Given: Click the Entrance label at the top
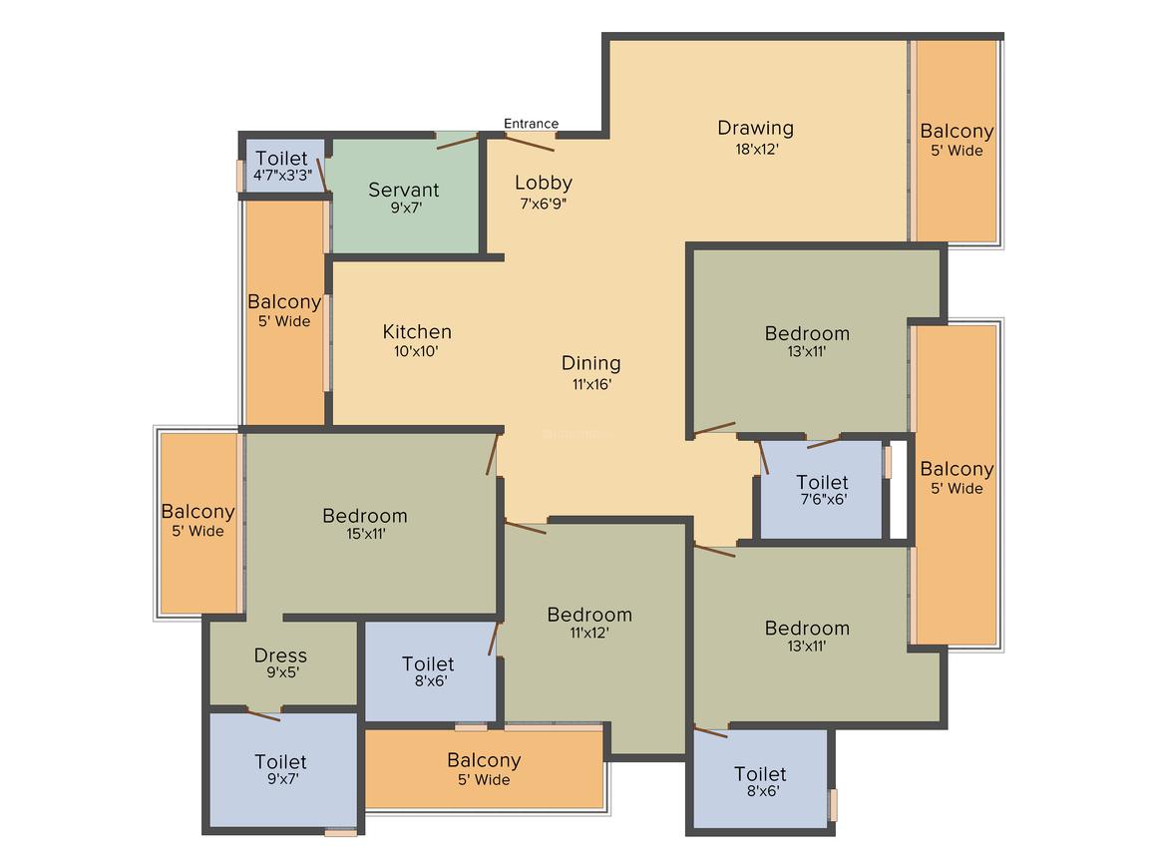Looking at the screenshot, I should (531, 124).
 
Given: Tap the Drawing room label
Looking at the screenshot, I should (755, 128).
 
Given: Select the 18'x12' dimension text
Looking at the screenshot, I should (755, 150).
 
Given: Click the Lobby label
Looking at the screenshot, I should (544, 183).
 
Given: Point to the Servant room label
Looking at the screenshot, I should (403, 190).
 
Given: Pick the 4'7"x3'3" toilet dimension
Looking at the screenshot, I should (282, 175).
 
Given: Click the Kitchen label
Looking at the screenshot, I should (417, 331).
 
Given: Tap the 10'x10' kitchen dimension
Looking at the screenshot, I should (416, 351).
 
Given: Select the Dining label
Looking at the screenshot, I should (590, 363).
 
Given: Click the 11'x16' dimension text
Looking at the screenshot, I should (590, 384).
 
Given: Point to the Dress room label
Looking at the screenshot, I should (280, 655).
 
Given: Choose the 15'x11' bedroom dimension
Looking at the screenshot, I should (364, 534).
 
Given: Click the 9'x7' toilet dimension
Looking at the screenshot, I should (280, 779).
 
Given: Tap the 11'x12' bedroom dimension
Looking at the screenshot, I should (589, 633).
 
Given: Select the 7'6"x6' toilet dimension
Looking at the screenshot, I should (822, 500).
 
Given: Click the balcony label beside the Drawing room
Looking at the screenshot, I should (957, 131).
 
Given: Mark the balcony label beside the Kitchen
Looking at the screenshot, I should (284, 301).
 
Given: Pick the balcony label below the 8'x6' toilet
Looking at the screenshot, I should (484, 760).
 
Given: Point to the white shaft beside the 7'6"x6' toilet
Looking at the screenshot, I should (899, 490).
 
